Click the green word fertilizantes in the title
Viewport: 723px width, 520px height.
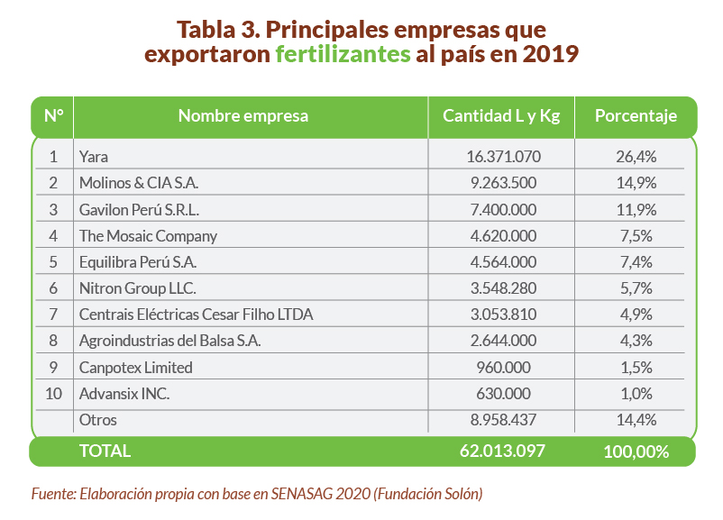click(x=343, y=54)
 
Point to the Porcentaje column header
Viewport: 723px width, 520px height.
click(x=636, y=116)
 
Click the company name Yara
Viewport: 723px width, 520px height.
click(x=94, y=157)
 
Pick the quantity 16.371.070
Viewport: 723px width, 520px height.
click(x=503, y=157)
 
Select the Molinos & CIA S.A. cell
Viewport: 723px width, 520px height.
click(x=139, y=183)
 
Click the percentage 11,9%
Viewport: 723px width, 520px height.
click(x=636, y=210)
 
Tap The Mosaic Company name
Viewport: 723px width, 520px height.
click(x=148, y=236)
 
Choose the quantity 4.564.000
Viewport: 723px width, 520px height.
click(x=503, y=262)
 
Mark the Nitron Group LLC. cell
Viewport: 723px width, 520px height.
click(x=137, y=288)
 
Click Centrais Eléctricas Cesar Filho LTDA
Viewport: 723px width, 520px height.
click(x=196, y=315)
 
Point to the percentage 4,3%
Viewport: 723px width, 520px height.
click(x=636, y=341)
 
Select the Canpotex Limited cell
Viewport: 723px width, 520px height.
click(x=136, y=368)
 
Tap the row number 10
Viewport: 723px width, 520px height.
click(x=52, y=394)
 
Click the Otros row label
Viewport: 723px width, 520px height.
click(x=98, y=420)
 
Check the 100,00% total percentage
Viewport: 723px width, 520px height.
click(x=636, y=452)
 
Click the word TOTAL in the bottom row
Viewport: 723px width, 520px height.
click(x=105, y=452)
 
